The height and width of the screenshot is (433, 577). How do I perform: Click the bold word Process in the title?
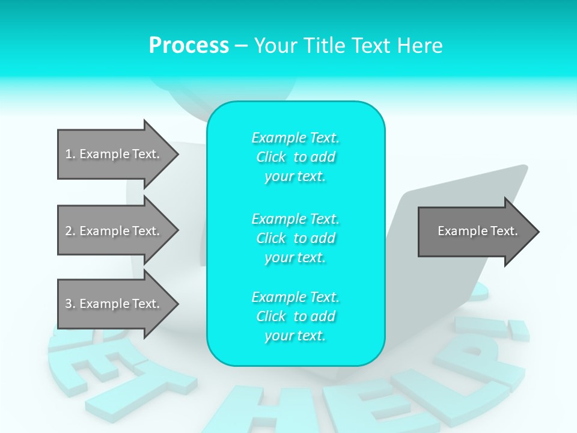pyautogui.click(x=189, y=46)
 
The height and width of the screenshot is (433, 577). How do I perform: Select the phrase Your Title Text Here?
pyautogui.click(x=348, y=46)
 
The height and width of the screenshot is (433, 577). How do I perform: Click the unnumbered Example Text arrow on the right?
pyautogui.click(x=477, y=231)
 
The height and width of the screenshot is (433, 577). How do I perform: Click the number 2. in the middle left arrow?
pyautogui.click(x=70, y=231)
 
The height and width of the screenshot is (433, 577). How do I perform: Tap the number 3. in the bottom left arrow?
pyautogui.click(x=70, y=304)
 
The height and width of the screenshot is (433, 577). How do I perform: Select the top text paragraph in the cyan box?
pyautogui.click(x=295, y=157)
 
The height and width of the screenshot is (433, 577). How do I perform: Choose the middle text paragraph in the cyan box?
pyautogui.click(x=295, y=238)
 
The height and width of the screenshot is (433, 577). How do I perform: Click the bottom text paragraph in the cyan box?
pyautogui.click(x=295, y=316)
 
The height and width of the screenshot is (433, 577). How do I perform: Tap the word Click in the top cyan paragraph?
pyautogui.click(x=271, y=157)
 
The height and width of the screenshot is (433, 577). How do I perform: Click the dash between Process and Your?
pyautogui.click(x=241, y=46)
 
